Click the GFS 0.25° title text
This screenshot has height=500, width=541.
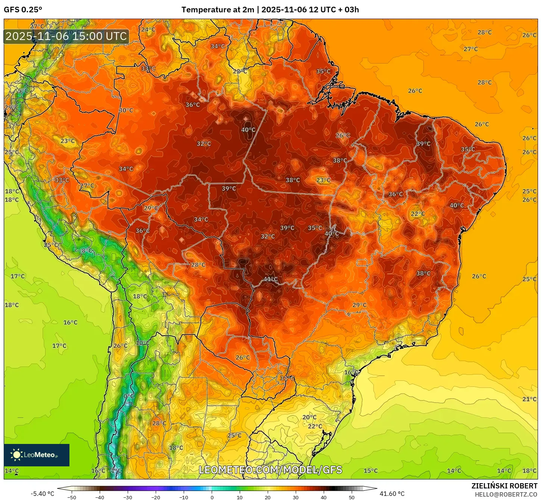pyautogui.click(x=23, y=10)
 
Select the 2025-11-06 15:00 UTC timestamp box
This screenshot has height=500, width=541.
pyautogui.click(x=66, y=36)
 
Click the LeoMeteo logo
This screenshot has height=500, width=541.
pyautogui.click(x=37, y=455)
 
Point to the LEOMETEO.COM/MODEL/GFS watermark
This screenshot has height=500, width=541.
pyautogui.click(x=270, y=470)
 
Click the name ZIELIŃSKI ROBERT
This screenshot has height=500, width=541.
pyautogui.click(x=504, y=486)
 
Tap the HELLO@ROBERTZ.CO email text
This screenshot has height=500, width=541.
pyautogui.click(x=506, y=494)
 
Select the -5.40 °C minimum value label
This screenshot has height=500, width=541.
pyautogui.click(x=42, y=494)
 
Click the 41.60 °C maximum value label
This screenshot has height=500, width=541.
pyautogui.click(x=392, y=494)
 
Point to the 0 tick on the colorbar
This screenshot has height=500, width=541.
pyautogui.click(x=212, y=497)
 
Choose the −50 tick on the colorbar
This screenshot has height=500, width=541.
pyautogui.click(x=71, y=497)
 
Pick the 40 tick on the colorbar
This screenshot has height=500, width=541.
pyautogui.click(x=324, y=497)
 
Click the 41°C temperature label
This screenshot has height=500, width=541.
pyautogui.click(x=271, y=279)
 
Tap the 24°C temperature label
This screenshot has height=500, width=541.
pyautogui.click(x=148, y=30)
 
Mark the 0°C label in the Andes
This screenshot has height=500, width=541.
pyautogui.click(x=128, y=396)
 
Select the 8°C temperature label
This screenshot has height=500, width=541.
pyautogui.click(x=87, y=250)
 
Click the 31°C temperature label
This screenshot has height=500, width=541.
pyautogui.click(x=287, y=378)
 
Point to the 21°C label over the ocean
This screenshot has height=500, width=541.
pyautogui.click(x=529, y=399)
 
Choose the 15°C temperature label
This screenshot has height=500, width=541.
pyautogui.click(x=371, y=470)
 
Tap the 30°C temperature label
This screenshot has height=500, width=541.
pyautogui.click(x=126, y=110)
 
